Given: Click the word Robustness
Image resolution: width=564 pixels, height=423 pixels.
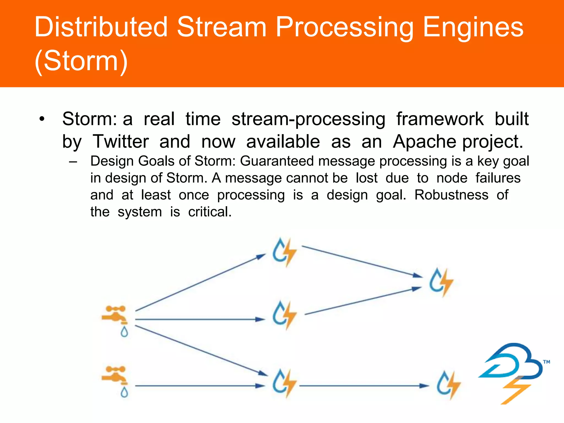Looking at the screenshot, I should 451,195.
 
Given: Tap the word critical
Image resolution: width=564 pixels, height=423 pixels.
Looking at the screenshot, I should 210,212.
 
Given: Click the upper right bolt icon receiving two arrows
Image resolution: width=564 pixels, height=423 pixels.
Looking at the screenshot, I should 441,282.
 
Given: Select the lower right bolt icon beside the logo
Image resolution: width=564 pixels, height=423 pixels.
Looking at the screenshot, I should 448,385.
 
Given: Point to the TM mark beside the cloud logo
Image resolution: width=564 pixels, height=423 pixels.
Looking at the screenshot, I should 546,362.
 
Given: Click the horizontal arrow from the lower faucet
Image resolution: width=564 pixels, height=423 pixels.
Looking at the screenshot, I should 200,386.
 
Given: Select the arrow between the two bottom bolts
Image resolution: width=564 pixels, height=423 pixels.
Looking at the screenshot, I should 364,386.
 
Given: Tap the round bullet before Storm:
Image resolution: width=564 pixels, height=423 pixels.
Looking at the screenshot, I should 42,120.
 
